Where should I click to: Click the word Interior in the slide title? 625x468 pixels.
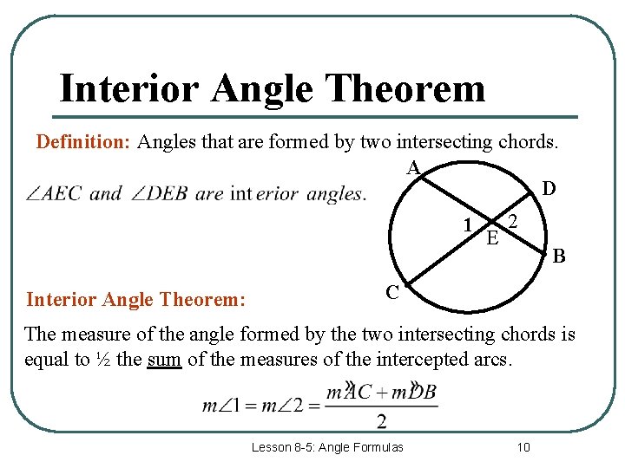[128, 88]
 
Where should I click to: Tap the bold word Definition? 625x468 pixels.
[82, 142]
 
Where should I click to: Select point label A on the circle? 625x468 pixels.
[413, 166]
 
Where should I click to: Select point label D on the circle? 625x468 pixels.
[549, 189]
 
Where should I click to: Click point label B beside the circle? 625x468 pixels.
[559, 256]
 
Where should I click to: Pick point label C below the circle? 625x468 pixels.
[392, 293]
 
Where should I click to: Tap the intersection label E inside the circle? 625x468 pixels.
[492, 237]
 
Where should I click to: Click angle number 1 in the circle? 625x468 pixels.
[468, 225]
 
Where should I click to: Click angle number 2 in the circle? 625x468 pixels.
[513, 223]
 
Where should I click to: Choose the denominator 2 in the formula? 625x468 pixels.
[382, 422]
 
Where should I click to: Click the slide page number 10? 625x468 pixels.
[523, 447]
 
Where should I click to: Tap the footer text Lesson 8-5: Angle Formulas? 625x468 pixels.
[327, 447]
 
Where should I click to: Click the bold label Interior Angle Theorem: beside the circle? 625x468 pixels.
[136, 300]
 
